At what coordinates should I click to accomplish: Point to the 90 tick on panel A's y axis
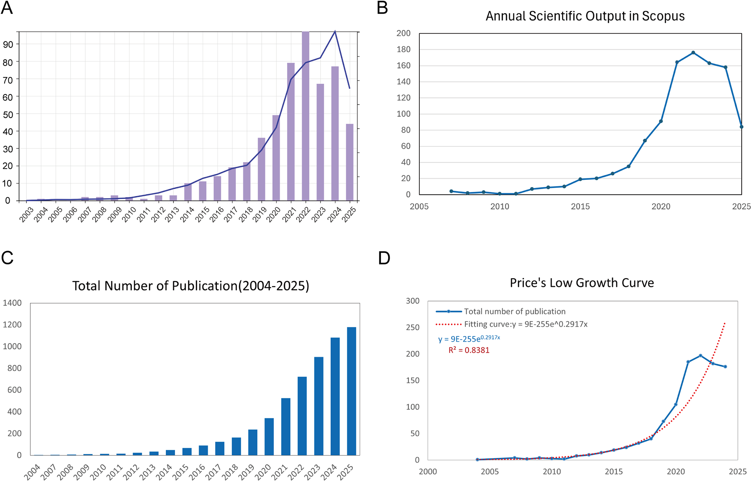click(x=8, y=45)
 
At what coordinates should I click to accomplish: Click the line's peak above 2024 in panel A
click(x=335, y=32)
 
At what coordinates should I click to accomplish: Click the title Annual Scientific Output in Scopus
click(x=585, y=16)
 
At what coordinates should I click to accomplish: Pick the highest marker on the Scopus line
click(x=693, y=53)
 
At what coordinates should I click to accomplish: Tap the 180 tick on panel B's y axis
click(x=404, y=49)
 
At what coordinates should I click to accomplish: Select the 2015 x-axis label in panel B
click(x=580, y=207)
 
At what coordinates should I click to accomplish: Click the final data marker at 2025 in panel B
click(x=741, y=127)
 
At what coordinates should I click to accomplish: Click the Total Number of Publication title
click(x=191, y=286)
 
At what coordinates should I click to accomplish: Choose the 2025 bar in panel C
click(x=352, y=391)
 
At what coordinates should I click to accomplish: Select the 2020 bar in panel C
click(x=269, y=437)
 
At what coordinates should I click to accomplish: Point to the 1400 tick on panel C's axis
click(x=12, y=303)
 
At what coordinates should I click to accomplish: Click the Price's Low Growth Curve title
click(x=582, y=283)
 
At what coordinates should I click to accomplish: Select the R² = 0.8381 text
click(x=469, y=350)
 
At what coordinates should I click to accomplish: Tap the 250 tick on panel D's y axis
click(x=413, y=327)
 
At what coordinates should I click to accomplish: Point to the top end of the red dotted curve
click(x=725, y=323)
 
